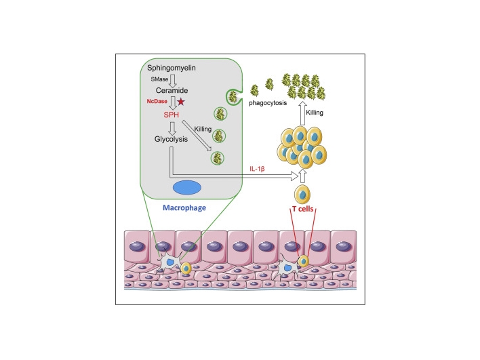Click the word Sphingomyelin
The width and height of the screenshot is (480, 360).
tap(171, 68)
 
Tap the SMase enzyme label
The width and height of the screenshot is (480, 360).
tap(159, 79)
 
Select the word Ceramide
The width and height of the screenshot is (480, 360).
tap(172, 90)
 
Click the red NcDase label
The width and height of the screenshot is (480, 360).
tap(157, 101)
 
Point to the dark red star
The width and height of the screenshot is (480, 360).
tap(181, 101)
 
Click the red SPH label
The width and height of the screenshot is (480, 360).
tap(171, 115)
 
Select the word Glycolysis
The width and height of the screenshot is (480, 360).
tap(171, 139)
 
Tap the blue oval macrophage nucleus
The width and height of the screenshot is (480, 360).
tap(187, 188)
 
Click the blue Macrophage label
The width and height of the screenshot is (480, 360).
tap(184, 208)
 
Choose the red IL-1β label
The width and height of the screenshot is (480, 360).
tap(257, 169)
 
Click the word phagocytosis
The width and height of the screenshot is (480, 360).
tap(268, 103)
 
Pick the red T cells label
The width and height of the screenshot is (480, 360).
tap(303, 209)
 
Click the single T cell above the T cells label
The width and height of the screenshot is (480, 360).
tap(302, 195)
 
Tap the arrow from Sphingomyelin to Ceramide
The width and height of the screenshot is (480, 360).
tap(173, 81)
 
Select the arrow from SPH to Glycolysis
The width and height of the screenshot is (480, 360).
tap(173, 129)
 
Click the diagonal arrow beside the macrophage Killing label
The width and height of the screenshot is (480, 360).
tap(197, 136)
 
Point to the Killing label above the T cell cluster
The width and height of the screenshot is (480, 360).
tap(315, 113)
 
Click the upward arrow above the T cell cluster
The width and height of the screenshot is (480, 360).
tap(302, 113)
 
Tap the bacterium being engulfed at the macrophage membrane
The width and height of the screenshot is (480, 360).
tap(233, 97)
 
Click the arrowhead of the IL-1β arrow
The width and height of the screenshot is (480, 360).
tap(294, 176)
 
